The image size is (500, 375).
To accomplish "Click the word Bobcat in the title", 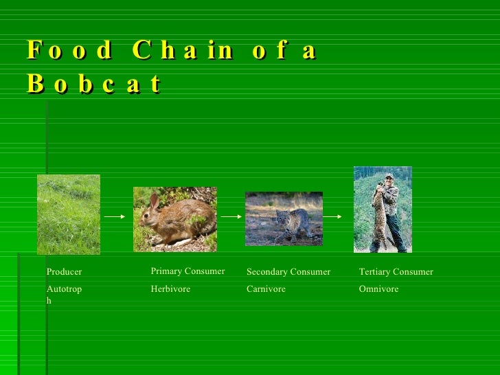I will click(x=95, y=84).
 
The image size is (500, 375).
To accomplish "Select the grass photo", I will click(x=69, y=214).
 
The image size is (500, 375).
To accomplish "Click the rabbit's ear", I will click(x=155, y=201).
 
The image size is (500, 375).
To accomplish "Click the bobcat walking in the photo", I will click(x=290, y=223).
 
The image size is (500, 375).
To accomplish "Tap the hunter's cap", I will click(x=389, y=177).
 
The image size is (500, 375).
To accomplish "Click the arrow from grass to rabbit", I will click(x=114, y=216).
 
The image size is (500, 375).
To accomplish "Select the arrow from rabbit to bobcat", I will click(x=231, y=216).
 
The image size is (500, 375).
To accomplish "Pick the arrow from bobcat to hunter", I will click(x=332, y=216).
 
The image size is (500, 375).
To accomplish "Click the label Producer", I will click(x=64, y=272).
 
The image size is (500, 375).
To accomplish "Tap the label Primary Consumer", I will click(x=187, y=271).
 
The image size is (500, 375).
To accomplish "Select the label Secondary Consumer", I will click(x=288, y=272).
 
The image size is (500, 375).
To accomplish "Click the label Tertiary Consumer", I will click(x=396, y=272).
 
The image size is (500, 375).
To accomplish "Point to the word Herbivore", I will click(x=170, y=289).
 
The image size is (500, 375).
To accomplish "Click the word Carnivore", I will click(x=266, y=289).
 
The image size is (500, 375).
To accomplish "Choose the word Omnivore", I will click(x=378, y=289).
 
